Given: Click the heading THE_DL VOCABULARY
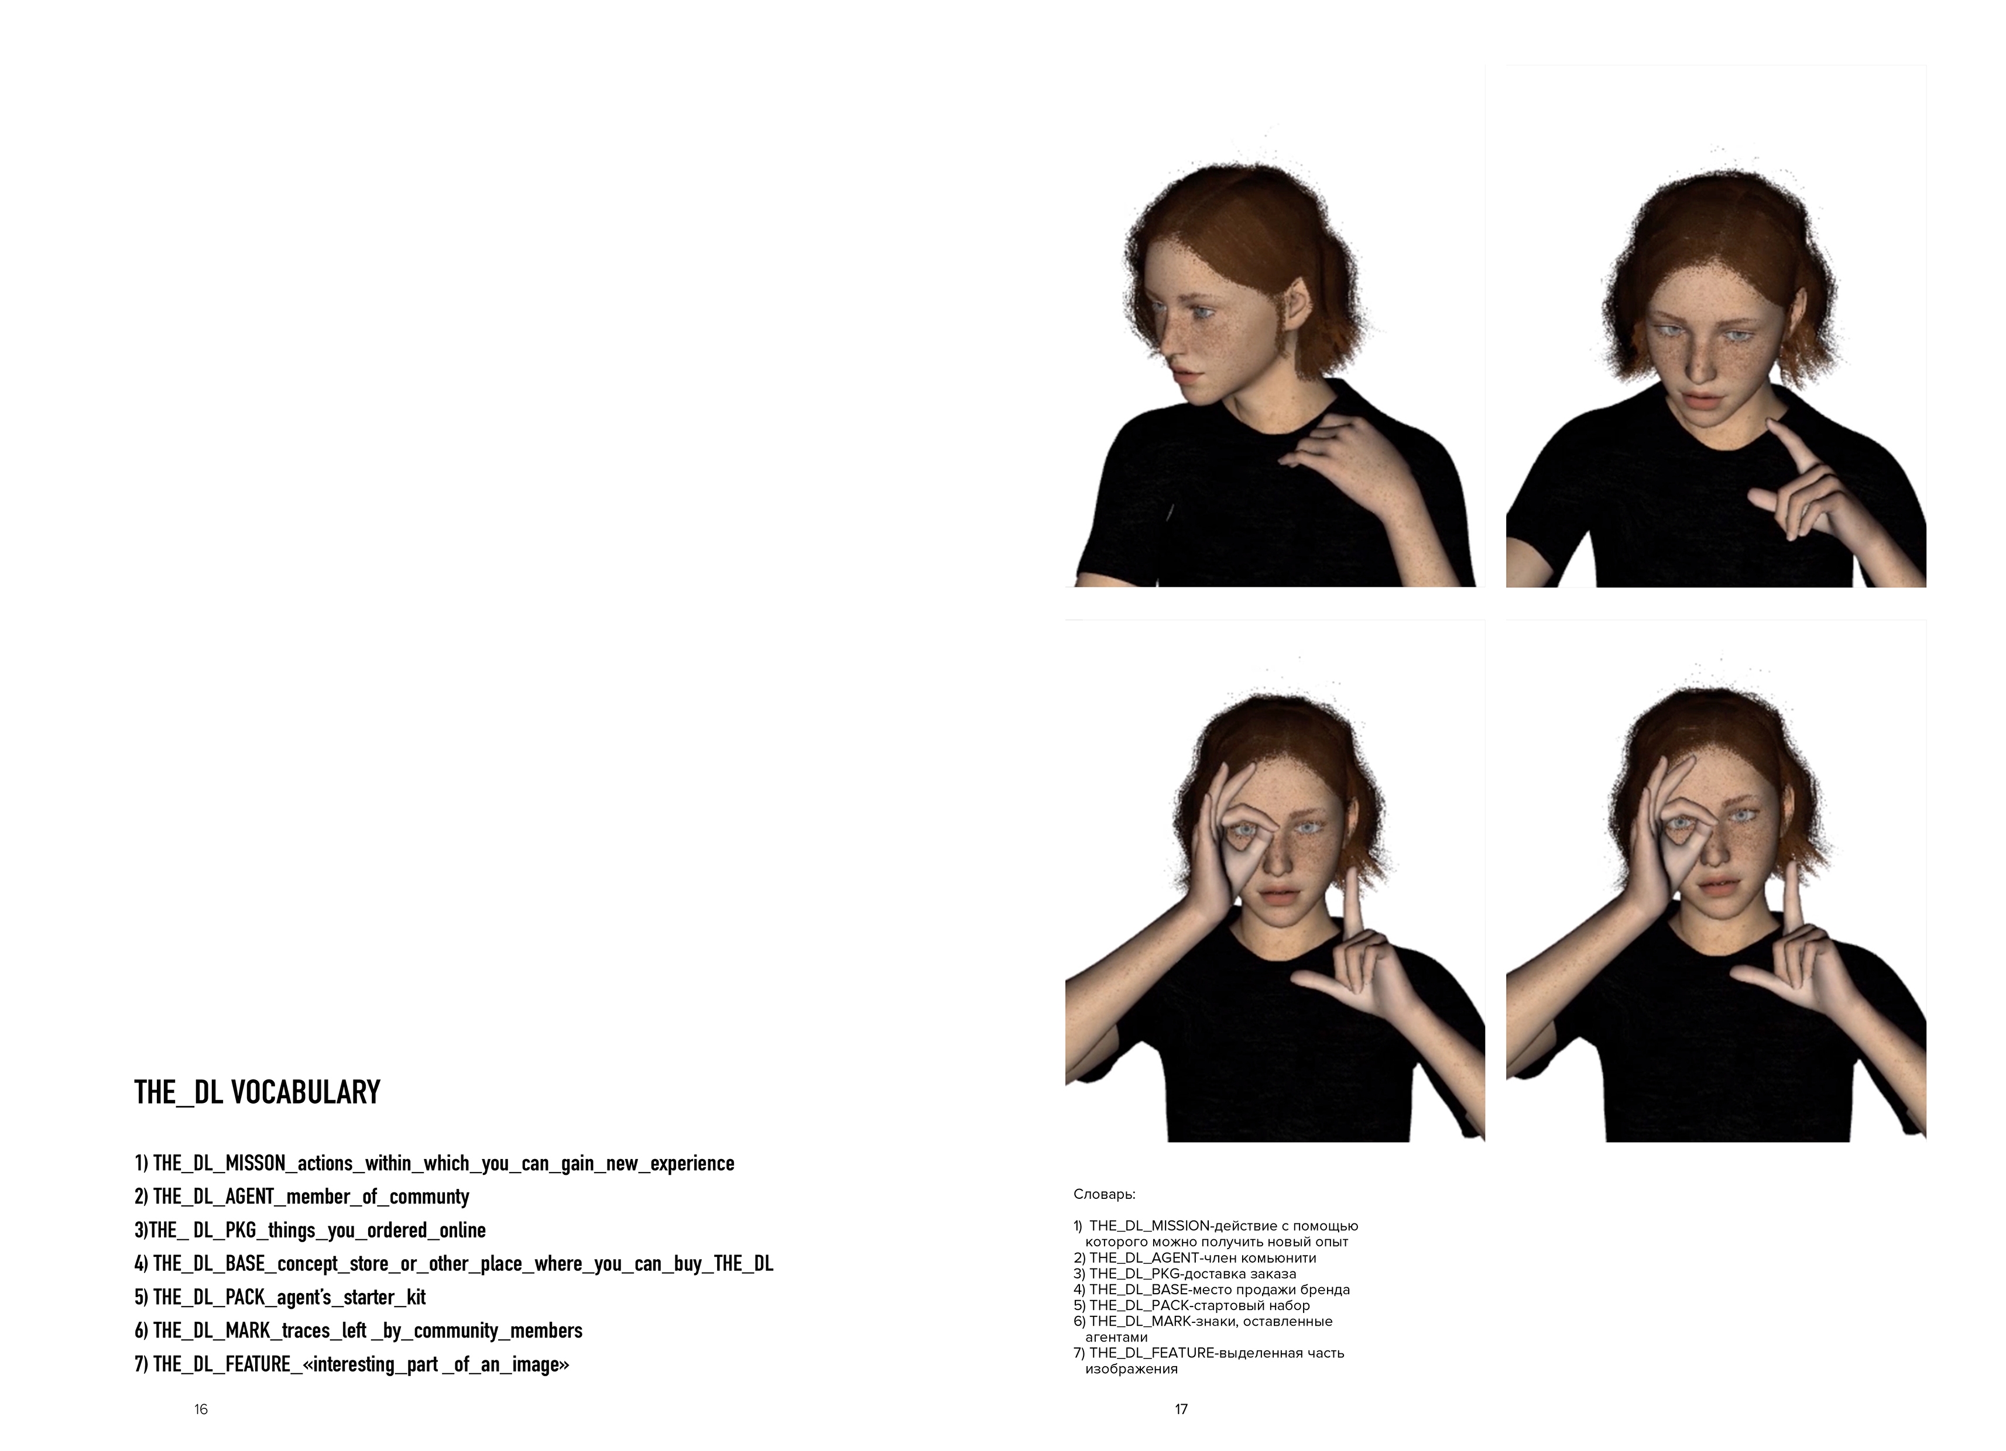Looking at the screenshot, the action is pos(258,1093).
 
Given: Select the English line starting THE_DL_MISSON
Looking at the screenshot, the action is pos(434,1164).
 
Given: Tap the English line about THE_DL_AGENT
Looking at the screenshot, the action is pos(301,1197).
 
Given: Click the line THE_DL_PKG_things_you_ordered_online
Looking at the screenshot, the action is pos(310,1231).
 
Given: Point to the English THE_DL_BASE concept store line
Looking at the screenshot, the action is pos(454,1264).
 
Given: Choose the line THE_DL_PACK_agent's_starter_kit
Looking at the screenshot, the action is pos(280,1298).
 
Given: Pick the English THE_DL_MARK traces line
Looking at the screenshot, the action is pos(358,1332).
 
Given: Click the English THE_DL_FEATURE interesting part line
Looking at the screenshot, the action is pos(352,1365).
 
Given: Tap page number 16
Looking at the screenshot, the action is pos(201,1409).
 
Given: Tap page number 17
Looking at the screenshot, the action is pos(1181,1409).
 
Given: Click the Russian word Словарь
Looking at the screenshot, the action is pos(1104,1195).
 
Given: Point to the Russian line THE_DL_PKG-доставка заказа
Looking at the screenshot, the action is pos(1185,1274).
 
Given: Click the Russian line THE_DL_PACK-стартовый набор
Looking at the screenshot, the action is pos(1191,1306).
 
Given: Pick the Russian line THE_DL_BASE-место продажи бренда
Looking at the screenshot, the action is pos(1212,1290).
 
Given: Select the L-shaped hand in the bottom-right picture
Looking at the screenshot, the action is pos(1786,964).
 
